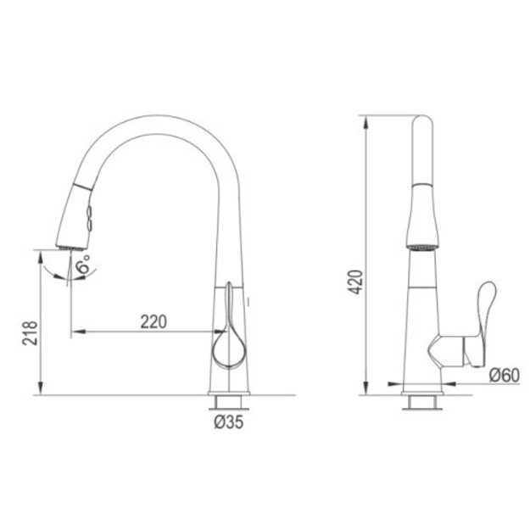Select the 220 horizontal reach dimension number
153,321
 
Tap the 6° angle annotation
83,265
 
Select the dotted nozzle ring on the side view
422,247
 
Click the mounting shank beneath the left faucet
229,402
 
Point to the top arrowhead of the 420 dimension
366,119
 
